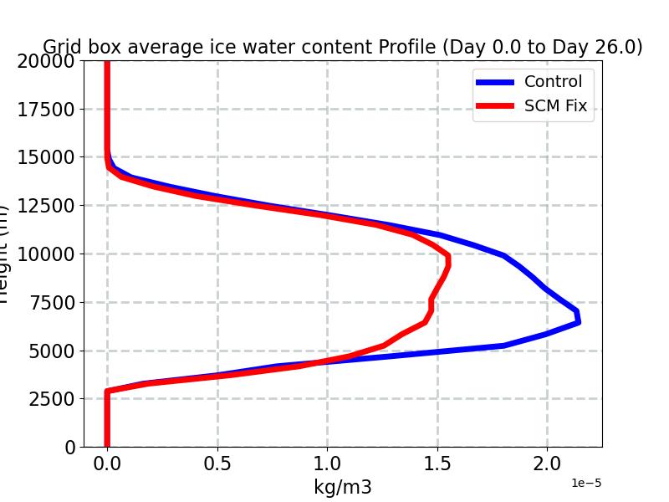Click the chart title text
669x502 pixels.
(x=343, y=47)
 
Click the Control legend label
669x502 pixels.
(x=553, y=81)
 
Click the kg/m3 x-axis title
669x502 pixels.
(x=343, y=487)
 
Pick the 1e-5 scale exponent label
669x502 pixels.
(x=586, y=484)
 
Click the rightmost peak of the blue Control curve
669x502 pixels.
(x=578, y=320)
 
